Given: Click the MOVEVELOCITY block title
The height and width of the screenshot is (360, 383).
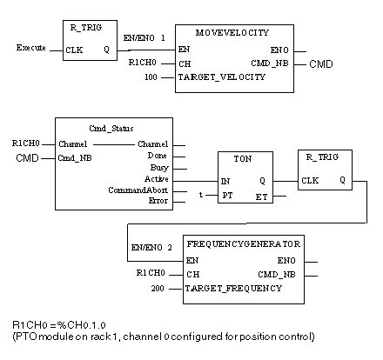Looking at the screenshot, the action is [232, 32].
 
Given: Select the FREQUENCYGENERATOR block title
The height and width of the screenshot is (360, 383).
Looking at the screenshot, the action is [244, 244].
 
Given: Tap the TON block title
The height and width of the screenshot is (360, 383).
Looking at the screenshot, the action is [243, 159].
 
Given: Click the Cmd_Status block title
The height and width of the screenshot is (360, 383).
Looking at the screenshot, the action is [111, 129].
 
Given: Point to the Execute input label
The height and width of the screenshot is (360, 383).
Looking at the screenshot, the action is [31, 48].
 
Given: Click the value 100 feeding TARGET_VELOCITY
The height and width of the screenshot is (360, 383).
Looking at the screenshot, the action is [151, 77].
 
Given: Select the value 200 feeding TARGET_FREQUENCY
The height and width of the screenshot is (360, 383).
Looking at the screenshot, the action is [158, 289].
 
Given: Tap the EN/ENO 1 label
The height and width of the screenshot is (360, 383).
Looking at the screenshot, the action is [144, 38].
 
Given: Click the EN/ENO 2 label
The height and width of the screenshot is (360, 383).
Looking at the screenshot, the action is [151, 248].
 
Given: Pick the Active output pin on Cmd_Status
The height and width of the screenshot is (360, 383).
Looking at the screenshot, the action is [157, 179].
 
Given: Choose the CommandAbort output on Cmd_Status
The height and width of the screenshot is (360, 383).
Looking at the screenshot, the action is [138, 190].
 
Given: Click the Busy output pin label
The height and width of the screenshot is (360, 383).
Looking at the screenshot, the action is [159, 168].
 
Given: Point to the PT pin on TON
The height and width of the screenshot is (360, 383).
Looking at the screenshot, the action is [227, 196].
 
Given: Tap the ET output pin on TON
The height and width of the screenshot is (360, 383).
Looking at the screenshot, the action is [261, 197].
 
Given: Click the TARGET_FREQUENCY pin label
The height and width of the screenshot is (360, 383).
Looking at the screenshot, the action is [233, 289].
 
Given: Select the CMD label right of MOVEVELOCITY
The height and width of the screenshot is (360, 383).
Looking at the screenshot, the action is [321, 64].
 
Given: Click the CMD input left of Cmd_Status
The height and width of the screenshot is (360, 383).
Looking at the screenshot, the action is [27, 158].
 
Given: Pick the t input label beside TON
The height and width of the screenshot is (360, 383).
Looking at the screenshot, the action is [201, 195].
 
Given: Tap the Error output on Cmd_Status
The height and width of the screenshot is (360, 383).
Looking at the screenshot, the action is [158, 201].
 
